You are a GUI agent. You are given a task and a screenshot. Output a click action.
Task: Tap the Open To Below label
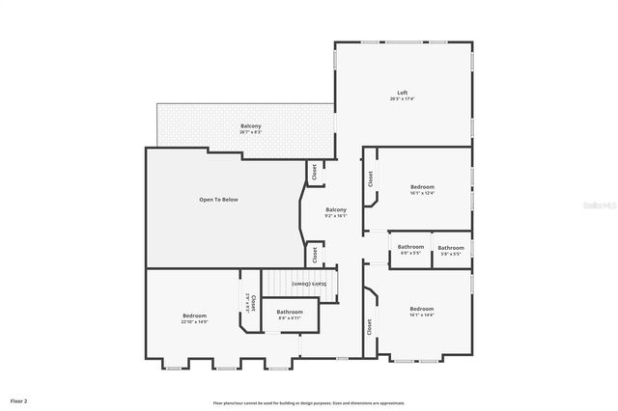click(218, 200)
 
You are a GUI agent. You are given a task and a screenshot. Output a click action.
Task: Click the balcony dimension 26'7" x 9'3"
click(251, 132)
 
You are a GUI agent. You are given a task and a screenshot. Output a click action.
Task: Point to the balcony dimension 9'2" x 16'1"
click(336, 216)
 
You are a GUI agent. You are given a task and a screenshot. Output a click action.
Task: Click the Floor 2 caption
click(19, 399)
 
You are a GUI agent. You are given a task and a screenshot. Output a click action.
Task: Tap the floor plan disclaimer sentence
click(309, 403)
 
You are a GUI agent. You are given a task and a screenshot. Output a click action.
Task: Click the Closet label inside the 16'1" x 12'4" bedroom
click(370, 178)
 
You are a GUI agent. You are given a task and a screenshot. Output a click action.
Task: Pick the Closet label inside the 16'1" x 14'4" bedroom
click(370, 327)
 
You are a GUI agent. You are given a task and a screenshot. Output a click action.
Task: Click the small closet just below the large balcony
click(314, 172)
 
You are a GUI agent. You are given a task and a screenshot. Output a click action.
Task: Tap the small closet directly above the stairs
click(314, 255)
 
